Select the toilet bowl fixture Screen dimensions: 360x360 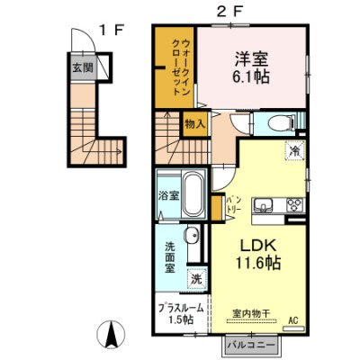pyautogui.click(x=282, y=123)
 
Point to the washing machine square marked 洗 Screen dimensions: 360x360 pyautogui.click(x=197, y=279)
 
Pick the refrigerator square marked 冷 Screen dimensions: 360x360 pyautogui.click(x=295, y=150)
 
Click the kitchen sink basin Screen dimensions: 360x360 pyautogui.click(x=264, y=205)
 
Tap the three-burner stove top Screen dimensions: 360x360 pyautogui.click(x=295, y=205)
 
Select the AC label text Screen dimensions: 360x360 pyautogui.click(x=293, y=320)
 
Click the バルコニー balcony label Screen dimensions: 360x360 pyautogui.click(x=251, y=346)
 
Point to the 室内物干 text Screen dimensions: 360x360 pyautogui.click(x=251, y=313)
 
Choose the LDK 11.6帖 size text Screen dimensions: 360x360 pyautogui.click(x=257, y=255)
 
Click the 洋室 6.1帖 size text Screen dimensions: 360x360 pyautogui.click(x=251, y=67)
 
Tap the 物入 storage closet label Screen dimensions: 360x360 pyautogui.click(x=195, y=124)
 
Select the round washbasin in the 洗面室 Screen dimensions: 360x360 pyautogui.click(x=192, y=236)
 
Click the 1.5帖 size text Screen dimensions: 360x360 pyautogui.click(x=180, y=320)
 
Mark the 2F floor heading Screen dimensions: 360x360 pyautogui.click(x=229, y=13)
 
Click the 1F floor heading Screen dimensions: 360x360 pyautogui.click(x=112, y=31)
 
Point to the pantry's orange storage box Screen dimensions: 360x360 pyautogui.click(x=216, y=208)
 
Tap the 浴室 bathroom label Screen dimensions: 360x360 pyautogui.click(x=168, y=196)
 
